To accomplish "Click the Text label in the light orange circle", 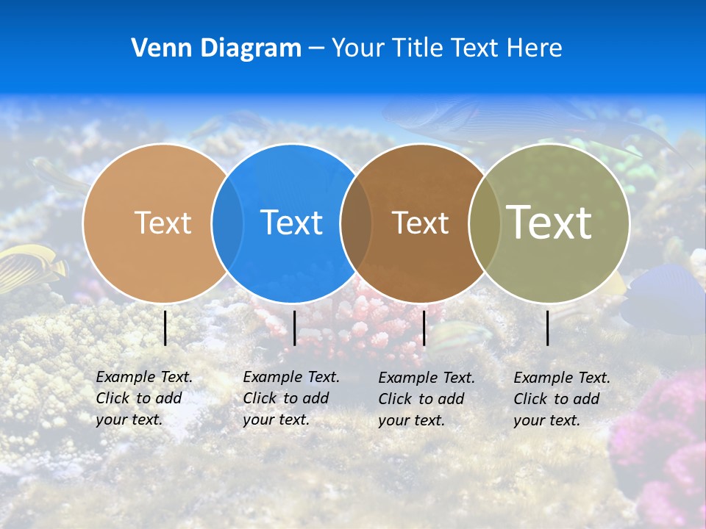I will (x=163, y=223).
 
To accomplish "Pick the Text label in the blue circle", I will (x=291, y=223).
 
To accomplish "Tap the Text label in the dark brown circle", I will (x=420, y=223).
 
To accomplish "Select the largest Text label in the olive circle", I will (x=549, y=222).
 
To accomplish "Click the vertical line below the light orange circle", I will (x=165, y=328).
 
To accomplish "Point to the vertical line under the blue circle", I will (x=294, y=328).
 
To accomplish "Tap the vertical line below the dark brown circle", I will (x=424, y=328).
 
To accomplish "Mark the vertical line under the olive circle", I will (x=548, y=328).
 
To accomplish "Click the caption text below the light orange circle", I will (x=143, y=398).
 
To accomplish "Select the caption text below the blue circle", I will (x=290, y=398).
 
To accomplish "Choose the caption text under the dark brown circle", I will (x=426, y=399).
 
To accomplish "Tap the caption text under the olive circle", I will (x=561, y=399).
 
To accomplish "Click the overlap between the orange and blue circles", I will (x=227, y=223).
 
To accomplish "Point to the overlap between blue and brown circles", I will (x=356, y=223).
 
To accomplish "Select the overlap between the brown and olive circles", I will (x=485, y=223).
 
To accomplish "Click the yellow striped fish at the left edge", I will (x=29, y=268).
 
